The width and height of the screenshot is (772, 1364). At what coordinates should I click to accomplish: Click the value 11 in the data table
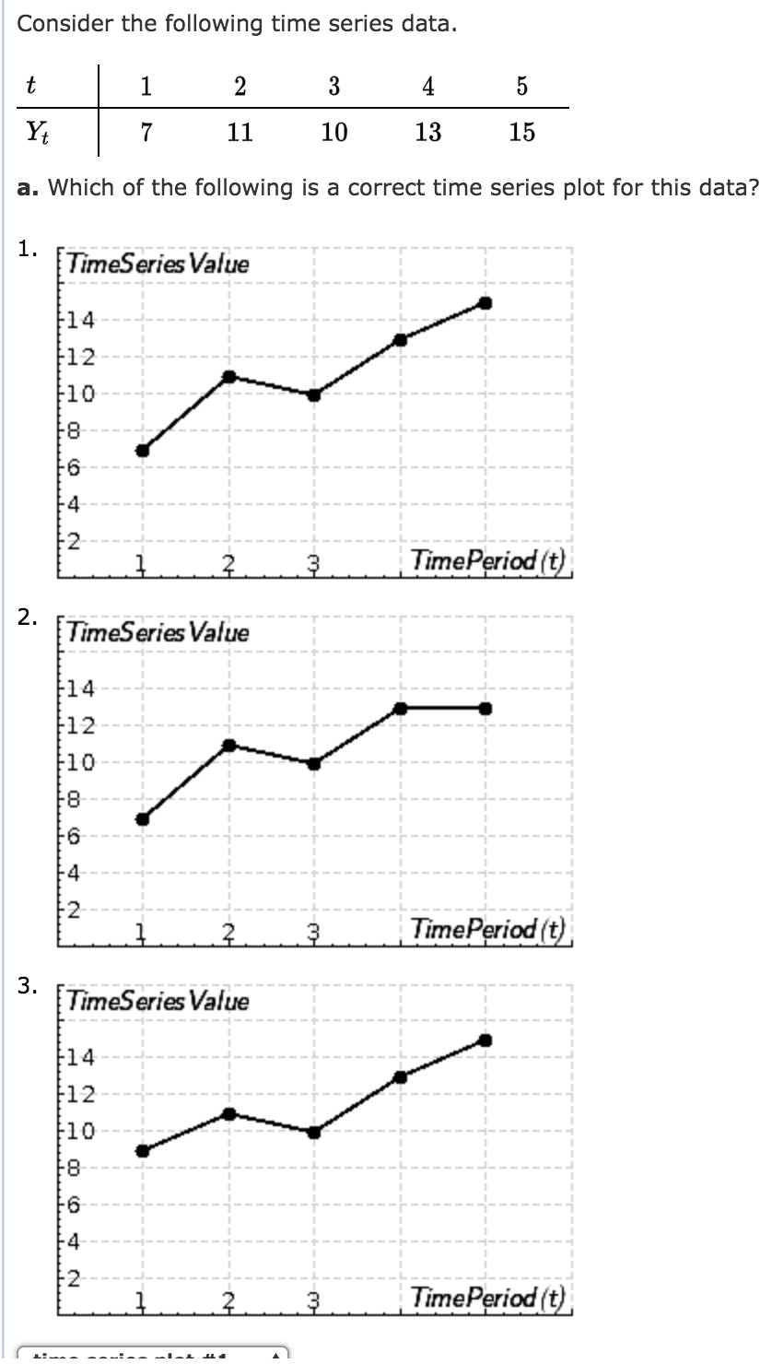pyautogui.click(x=240, y=132)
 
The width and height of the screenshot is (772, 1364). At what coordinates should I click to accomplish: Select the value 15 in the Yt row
pyautogui.click(x=521, y=132)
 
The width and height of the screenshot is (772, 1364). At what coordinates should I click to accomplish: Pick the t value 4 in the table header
pyautogui.click(x=427, y=87)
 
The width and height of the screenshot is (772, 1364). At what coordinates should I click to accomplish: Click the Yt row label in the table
pyautogui.click(x=40, y=132)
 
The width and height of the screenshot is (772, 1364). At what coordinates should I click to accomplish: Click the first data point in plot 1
pyautogui.click(x=143, y=450)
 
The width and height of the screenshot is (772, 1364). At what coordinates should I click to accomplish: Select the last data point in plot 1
pyautogui.click(x=485, y=303)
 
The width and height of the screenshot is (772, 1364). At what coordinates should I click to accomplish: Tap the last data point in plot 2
pyautogui.click(x=485, y=709)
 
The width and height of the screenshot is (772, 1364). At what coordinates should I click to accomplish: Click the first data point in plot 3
pyautogui.click(x=143, y=1150)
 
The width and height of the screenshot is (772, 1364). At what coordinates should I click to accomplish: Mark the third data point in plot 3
pyautogui.click(x=314, y=1132)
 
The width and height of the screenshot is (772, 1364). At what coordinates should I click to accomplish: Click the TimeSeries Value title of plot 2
pyautogui.click(x=158, y=633)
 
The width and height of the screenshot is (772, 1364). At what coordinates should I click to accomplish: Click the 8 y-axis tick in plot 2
pyautogui.click(x=73, y=800)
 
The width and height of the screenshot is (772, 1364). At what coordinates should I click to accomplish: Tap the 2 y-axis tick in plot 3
pyautogui.click(x=73, y=1279)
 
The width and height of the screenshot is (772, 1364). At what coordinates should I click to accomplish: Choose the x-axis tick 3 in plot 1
pyautogui.click(x=313, y=561)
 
